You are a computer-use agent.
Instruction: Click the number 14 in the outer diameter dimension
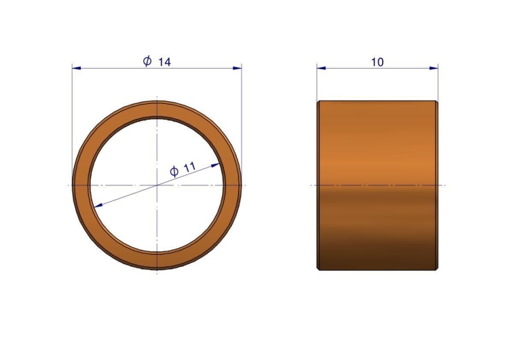pos(164,62)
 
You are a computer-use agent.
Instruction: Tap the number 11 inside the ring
pos(190,167)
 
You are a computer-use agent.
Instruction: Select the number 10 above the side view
pos(377,62)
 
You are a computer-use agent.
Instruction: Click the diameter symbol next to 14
pos(147,60)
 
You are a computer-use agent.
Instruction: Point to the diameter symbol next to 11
pos(174,171)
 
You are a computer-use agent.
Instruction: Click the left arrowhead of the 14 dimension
pos(76,68)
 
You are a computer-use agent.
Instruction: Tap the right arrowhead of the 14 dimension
pos(238,68)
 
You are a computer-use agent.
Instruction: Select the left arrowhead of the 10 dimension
pos(322,68)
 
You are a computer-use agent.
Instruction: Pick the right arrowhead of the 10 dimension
pos(434,68)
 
